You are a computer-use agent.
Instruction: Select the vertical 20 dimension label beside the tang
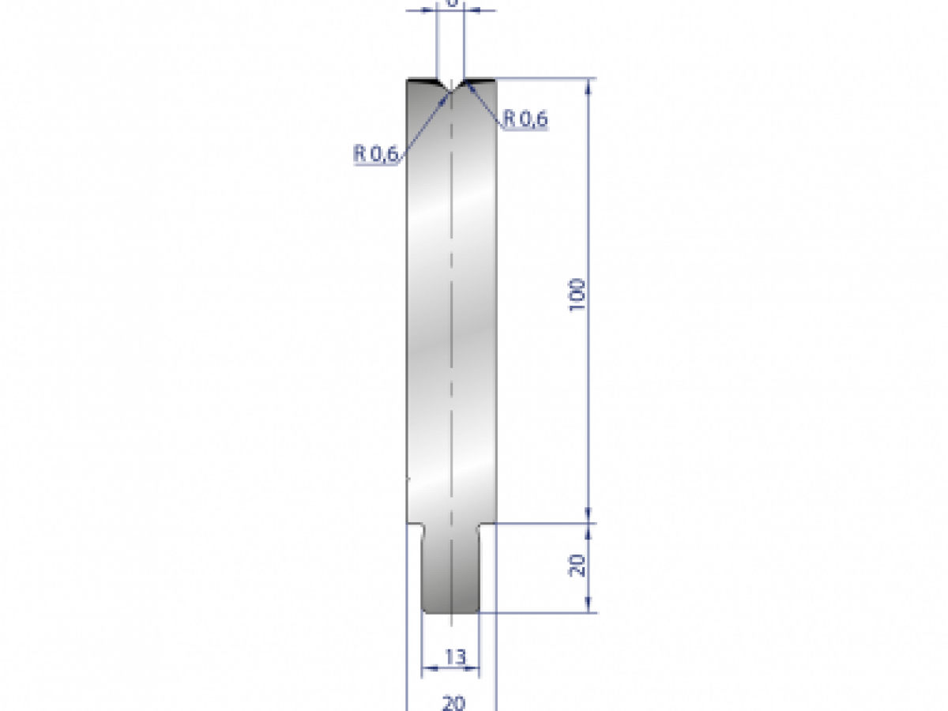(577, 566)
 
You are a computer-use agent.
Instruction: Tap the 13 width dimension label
(455, 656)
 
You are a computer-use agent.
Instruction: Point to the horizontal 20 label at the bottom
(453, 702)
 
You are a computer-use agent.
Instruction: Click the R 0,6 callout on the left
(375, 154)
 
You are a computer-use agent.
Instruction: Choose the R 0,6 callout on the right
(525, 119)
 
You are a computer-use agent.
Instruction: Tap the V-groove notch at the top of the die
(450, 87)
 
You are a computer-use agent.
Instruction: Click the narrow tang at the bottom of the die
(450, 569)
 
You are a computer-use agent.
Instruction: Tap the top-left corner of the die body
(408, 81)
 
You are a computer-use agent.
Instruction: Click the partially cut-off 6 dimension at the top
(451, 3)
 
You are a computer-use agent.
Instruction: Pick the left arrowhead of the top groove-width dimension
(431, 10)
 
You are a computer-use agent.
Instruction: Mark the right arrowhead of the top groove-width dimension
(469, 10)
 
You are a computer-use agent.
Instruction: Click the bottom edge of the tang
(450, 612)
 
